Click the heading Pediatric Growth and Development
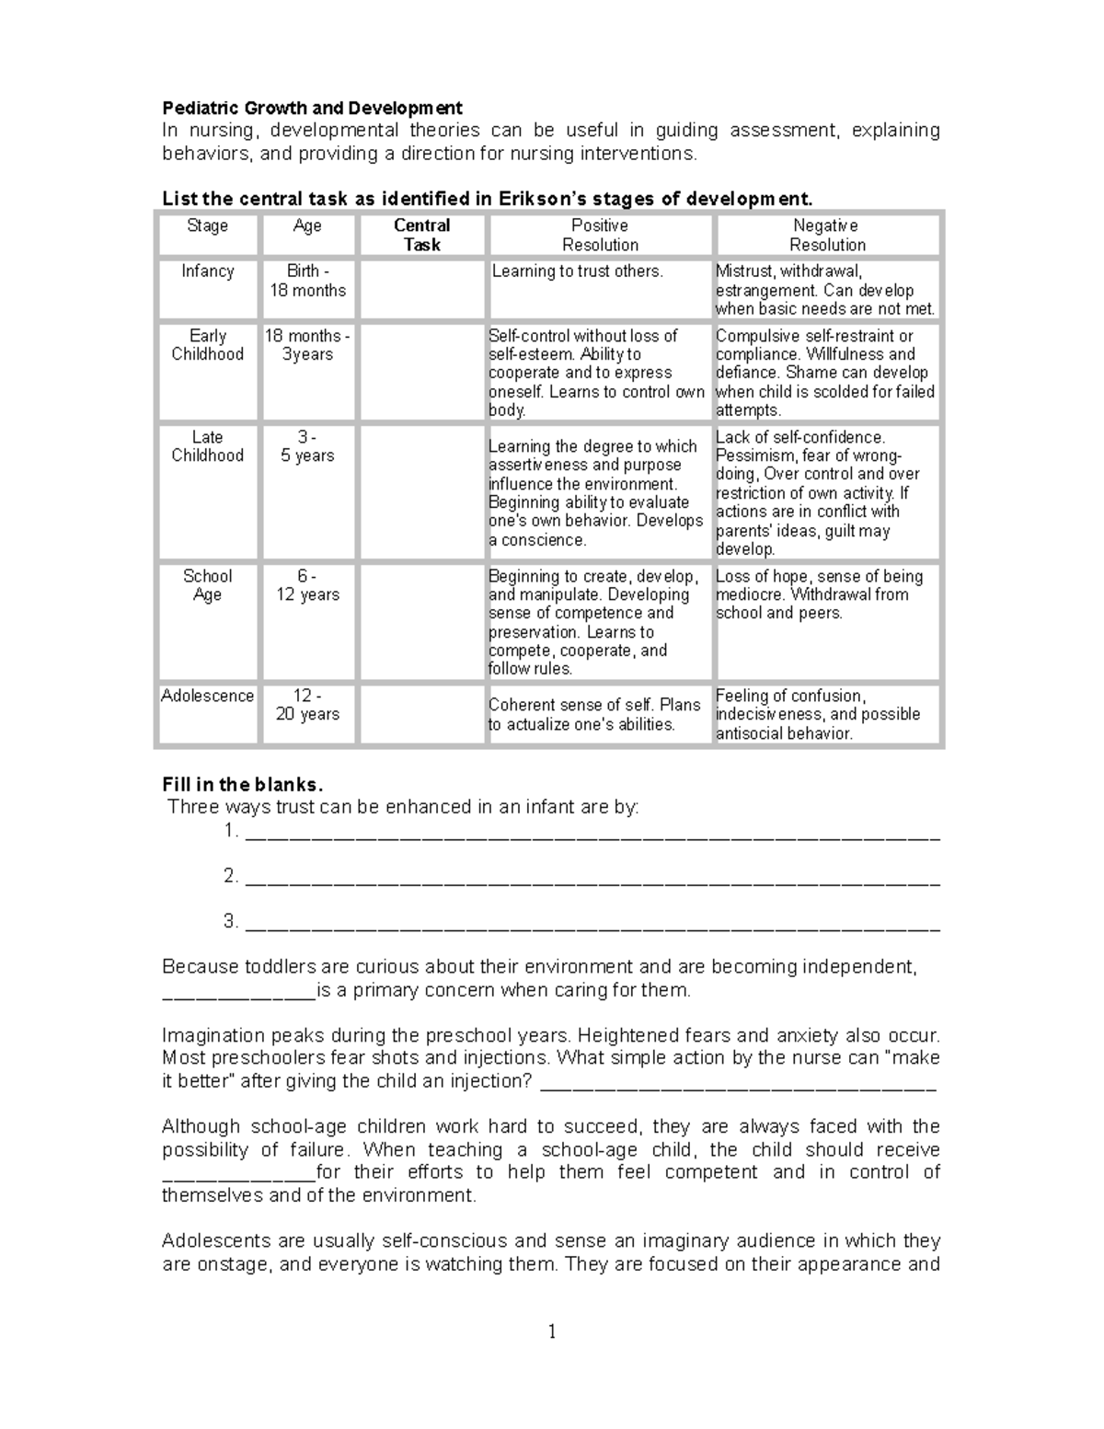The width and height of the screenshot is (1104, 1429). tap(312, 108)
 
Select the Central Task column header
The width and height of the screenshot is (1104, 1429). tap(421, 236)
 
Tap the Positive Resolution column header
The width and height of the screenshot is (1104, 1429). tap(600, 236)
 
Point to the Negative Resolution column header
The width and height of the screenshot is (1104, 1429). tap(827, 236)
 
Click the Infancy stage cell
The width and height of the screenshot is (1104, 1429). tap(208, 271)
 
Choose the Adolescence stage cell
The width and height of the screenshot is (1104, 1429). tap(208, 697)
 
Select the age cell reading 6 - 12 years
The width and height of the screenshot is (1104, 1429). tap(307, 585)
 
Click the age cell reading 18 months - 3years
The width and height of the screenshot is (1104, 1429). tap(307, 345)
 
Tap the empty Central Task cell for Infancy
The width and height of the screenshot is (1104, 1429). tap(421, 290)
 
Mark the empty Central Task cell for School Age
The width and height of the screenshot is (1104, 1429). tap(421, 622)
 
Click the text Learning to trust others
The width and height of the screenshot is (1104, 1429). tap(577, 271)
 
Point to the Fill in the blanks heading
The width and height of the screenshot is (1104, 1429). tap(243, 785)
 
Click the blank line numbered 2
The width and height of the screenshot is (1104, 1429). tap(593, 880)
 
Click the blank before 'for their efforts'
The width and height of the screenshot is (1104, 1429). tap(238, 1175)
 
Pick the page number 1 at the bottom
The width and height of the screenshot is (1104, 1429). tap(552, 1331)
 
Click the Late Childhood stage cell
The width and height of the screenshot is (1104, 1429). tap(208, 446)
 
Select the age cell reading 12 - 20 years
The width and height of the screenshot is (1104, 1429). tap(307, 706)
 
